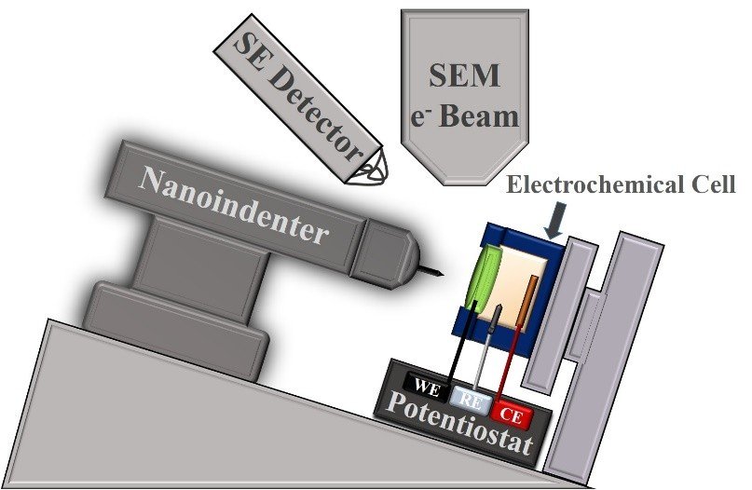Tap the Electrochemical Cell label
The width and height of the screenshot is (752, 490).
pyautogui.click(x=622, y=184)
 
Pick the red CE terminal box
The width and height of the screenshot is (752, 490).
pyautogui.click(x=512, y=413)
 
